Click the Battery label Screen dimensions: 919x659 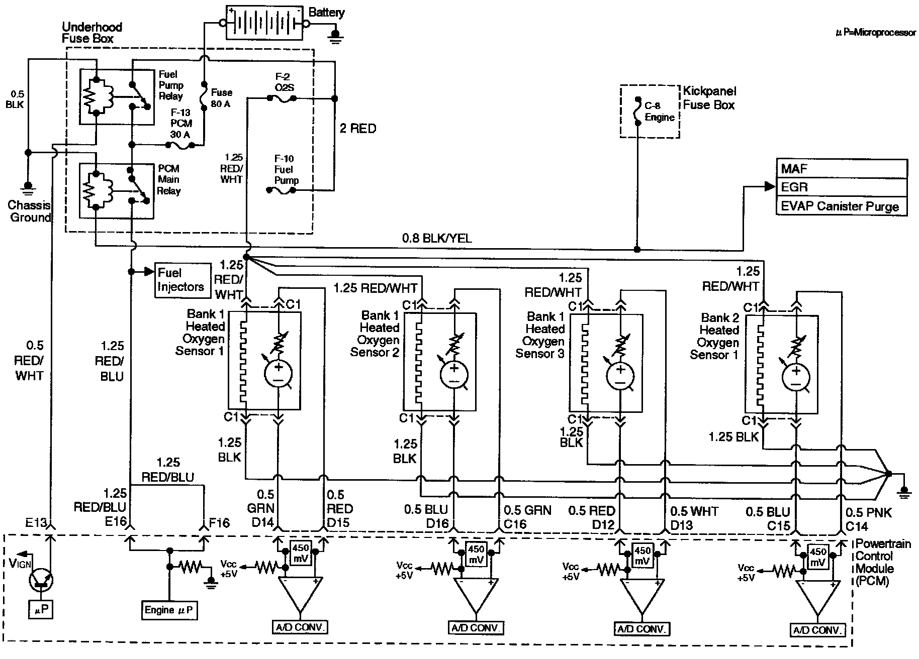pos(326,13)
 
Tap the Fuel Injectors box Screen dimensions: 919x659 pos(182,280)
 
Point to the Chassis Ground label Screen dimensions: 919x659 pos(30,211)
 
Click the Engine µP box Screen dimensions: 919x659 pos(168,610)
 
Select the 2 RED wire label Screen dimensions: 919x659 pos(357,129)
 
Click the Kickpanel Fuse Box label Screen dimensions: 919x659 pos(709,98)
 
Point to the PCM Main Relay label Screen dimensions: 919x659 pos(169,180)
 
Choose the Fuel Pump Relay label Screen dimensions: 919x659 pos(171,85)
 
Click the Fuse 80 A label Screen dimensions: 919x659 pos(221,98)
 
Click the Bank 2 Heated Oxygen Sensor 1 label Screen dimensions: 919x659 pos(719,336)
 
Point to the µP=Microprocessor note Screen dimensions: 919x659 pos(875,33)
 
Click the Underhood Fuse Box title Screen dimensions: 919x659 pos(91,33)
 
